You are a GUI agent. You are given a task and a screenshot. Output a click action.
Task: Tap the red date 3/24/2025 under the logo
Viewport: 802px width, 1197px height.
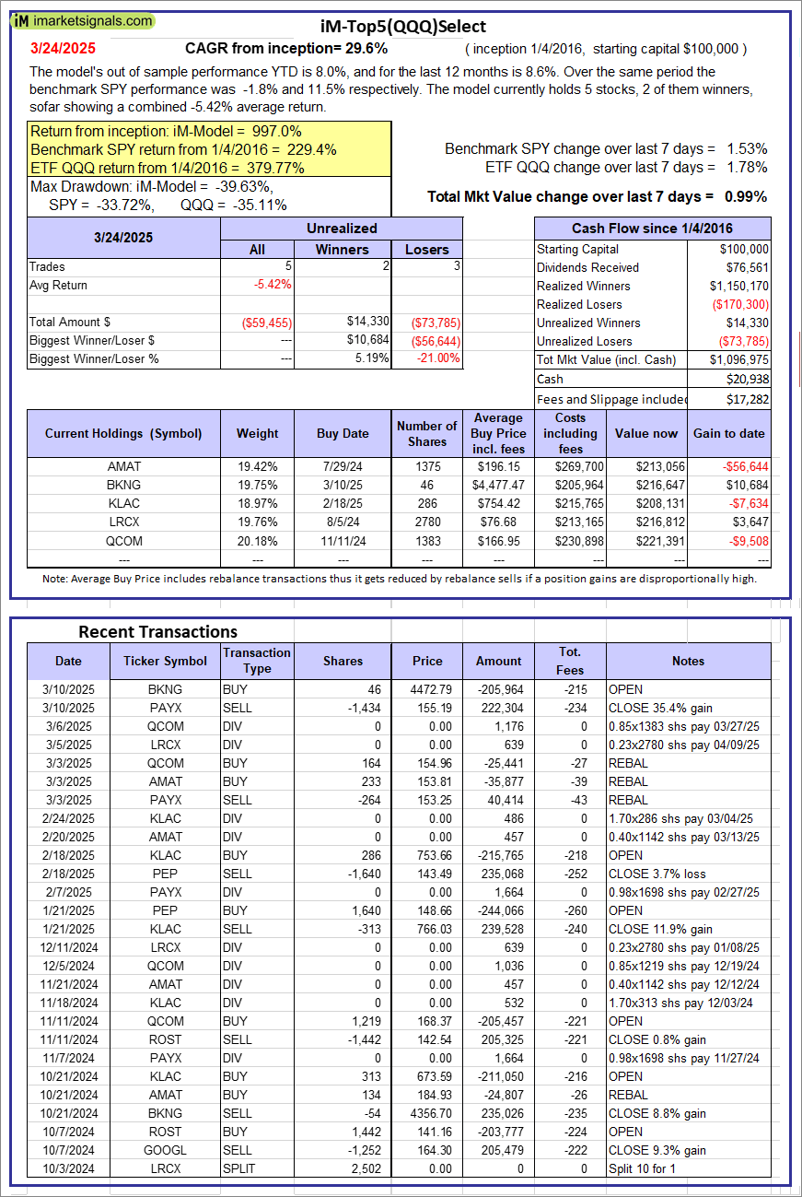point(62,48)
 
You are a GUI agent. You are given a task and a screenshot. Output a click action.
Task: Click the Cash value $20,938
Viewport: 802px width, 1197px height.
point(747,379)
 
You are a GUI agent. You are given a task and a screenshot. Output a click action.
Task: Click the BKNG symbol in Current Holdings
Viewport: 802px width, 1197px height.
point(123,485)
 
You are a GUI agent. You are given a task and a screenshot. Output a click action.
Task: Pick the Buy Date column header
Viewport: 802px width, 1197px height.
point(343,433)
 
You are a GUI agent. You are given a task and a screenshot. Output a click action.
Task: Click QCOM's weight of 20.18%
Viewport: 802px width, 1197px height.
point(257,540)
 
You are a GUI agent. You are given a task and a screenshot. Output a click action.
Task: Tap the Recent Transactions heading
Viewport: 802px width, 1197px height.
point(157,631)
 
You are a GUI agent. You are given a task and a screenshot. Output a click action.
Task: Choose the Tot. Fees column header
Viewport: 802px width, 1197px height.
point(571,661)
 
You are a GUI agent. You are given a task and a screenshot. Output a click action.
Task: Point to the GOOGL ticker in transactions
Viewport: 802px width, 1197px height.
point(165,1150)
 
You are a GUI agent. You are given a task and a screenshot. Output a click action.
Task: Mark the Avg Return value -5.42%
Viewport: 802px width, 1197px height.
point(273,285)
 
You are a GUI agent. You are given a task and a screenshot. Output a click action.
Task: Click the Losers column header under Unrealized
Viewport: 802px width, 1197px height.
point(426,249)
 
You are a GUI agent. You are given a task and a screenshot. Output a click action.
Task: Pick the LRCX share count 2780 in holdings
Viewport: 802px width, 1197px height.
point(430,522)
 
